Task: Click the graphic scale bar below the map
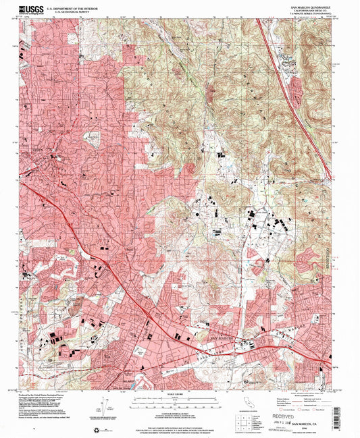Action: (x=180, y=402)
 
